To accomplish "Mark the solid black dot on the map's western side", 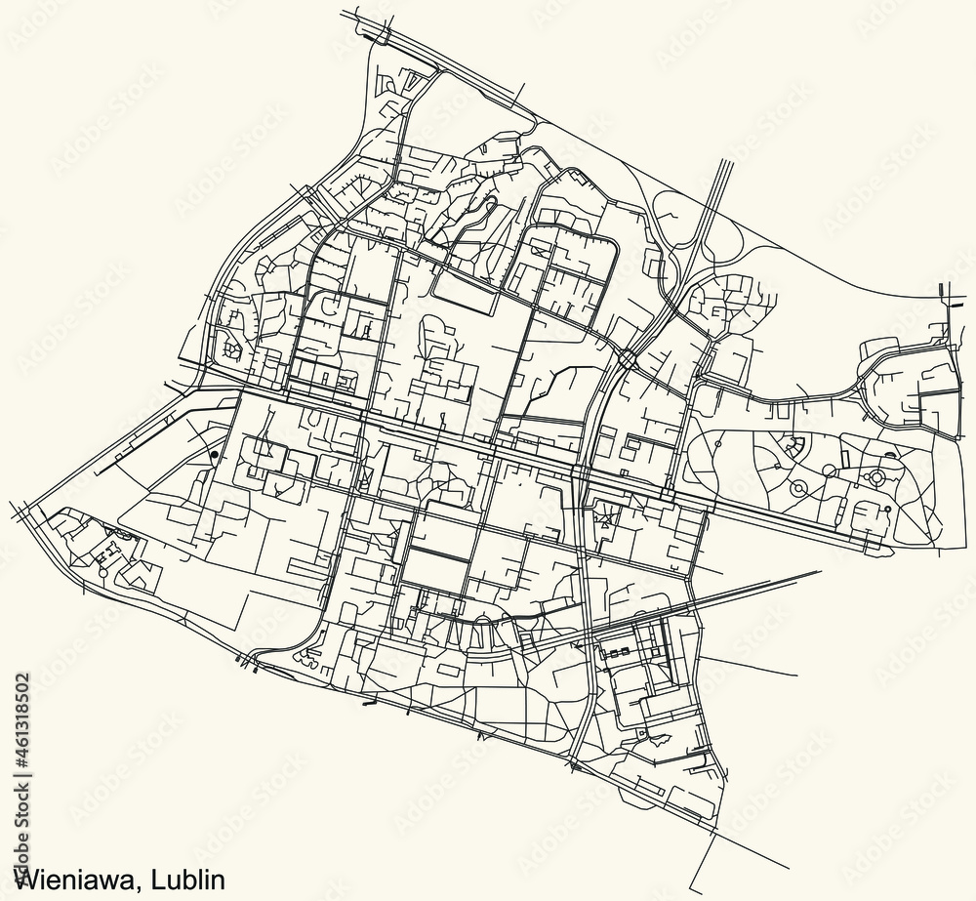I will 213,454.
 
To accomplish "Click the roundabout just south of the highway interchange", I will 628,360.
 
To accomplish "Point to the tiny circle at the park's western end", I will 718,444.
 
